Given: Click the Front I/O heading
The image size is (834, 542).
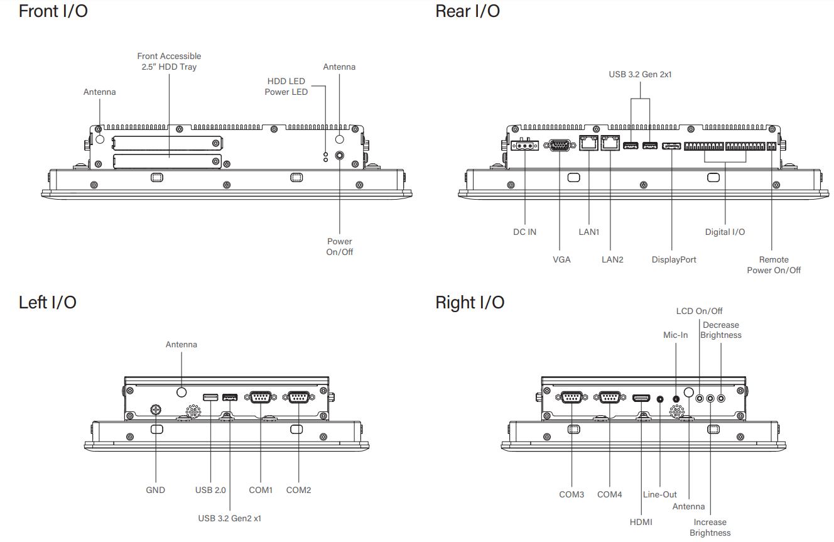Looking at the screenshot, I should click(x=53, y=11).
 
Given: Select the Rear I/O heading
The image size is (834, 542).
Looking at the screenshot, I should click(x=467, y=11).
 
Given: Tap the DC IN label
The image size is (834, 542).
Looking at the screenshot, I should click(x=524, y=232).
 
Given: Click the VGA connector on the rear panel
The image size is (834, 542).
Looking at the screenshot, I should click(x=560, y=146).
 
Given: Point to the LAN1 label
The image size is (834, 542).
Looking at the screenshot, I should click(x=589, y=232).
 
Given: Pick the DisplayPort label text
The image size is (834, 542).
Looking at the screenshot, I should click(x=674, y=259).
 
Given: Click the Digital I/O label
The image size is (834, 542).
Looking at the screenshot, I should click(x=725, y=232).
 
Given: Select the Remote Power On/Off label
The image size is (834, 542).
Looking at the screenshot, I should click(x=774, y=265).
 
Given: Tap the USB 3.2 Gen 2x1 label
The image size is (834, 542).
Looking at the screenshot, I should click(x=640, y=74).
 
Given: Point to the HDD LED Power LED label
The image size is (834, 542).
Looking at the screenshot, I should click(x=287, y=87).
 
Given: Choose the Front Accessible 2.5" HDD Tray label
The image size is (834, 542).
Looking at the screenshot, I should click(x=169, y=62).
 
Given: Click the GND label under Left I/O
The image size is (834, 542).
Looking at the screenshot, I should click(x=155, y=490).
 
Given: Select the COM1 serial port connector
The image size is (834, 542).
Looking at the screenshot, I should click(x=260, y=397).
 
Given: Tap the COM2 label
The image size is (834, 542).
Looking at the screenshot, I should click(x=298, y=490).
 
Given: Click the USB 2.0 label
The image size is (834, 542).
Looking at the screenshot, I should click(x=210, y=490).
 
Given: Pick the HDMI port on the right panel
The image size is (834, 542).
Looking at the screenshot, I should click(x=641, y=398).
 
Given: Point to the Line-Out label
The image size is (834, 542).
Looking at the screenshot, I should click(x=660, y=494).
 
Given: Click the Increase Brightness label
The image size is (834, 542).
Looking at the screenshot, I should click(x=710, y=528).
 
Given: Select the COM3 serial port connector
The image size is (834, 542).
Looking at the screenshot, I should click(x=571, y=397).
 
